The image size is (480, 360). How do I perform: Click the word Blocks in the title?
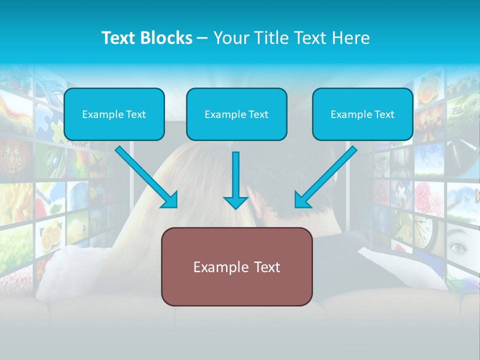[166, 38]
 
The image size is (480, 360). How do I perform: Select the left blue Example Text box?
[114, 114]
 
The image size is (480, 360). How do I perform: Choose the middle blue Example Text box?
[236, 114]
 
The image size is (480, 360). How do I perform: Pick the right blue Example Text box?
[362, 114]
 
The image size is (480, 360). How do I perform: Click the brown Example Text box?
[236, 266]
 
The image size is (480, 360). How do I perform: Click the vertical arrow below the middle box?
[235, 180]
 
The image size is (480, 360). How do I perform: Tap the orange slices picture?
[430, 92]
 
